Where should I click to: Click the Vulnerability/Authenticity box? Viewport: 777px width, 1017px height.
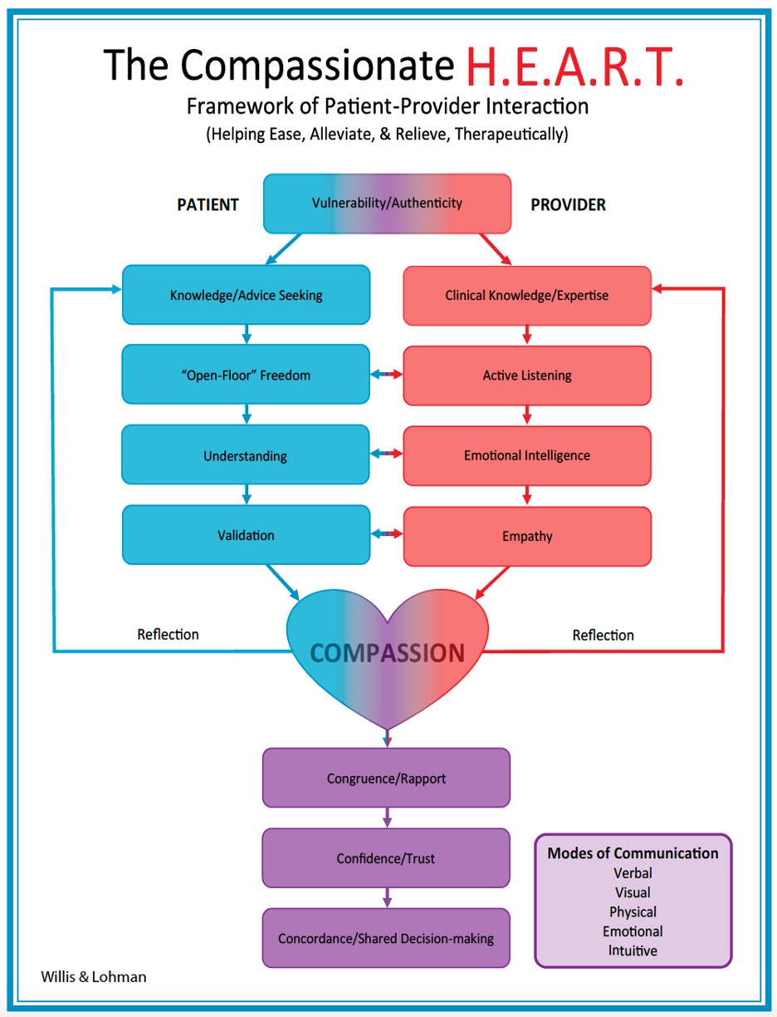click(x=387, y=203)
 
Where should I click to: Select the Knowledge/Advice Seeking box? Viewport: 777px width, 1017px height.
click(x=246, y=295)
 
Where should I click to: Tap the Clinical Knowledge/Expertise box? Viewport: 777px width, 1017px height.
click(x=527, y=295)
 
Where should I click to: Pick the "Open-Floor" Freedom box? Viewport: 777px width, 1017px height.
click(x=246, y=375)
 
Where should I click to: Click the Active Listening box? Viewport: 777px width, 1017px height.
click(x=527, y=376)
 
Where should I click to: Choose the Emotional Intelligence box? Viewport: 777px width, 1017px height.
click(x=527, y=455)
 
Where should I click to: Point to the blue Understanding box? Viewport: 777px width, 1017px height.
click(x=246, y=455)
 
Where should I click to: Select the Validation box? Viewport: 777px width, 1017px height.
click(x=246, y=535)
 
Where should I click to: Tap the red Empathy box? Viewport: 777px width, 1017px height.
click(x=527, y=536)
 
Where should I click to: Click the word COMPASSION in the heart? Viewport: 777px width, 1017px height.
click(x=387, y=653)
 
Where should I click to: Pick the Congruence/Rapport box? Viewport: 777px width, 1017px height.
click(x=387, y=779)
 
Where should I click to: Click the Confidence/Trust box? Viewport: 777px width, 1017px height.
click(x=387, y=858)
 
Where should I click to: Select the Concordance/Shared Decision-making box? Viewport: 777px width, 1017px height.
click(x=387, y=938)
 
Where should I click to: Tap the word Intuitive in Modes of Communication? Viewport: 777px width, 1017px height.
click(x=633, y=950)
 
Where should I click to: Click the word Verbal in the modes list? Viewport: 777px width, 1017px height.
click(x=633, y=872)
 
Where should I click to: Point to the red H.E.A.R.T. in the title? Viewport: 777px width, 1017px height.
click(x=574, y=66)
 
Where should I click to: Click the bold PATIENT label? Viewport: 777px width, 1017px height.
click(x=208, y=204)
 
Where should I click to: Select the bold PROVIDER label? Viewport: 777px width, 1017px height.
click(x=568, y=204)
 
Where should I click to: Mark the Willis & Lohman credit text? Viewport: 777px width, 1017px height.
click(x=93, y=976)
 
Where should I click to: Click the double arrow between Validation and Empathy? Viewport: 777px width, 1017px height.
click(x=387, y=535)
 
